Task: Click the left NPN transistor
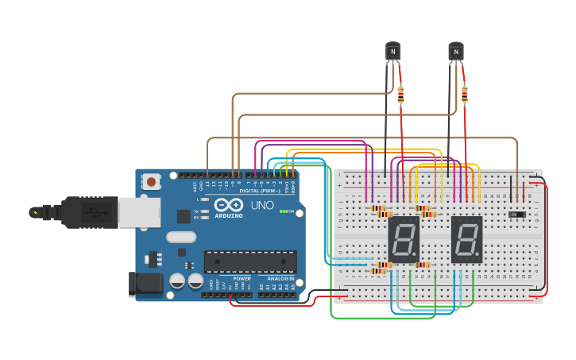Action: click(x=392, y=52)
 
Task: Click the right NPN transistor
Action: click(x=455, y=52)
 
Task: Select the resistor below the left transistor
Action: click(x=400, y=95)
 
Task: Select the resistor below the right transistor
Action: click(x=464, y=95)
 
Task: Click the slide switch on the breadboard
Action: click(x=517, y=215)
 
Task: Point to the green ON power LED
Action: click(x=283, y=211)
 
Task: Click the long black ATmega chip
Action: click(x=250, y=261)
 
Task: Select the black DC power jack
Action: click(x=145, y=285)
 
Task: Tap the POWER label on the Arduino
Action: click(x=242, y=279)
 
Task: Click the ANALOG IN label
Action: click(x=280, y=279)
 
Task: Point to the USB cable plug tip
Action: click(x=36, y=212)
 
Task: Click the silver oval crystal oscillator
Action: click(x=181, y=236)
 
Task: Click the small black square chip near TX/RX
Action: click(x=184, y=215)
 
